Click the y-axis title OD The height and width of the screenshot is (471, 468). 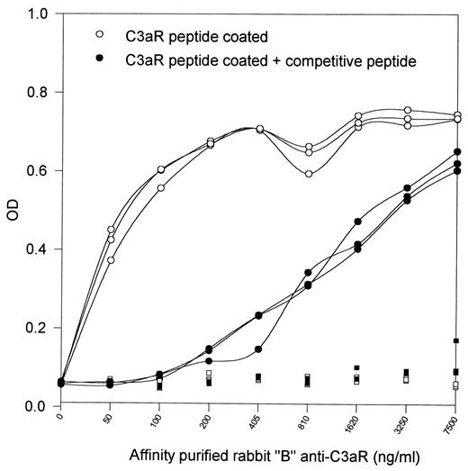coord(11,210)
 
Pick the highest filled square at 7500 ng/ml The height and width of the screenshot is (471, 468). coord(456,340)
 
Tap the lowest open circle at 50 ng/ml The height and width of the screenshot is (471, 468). coord(111,259)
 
